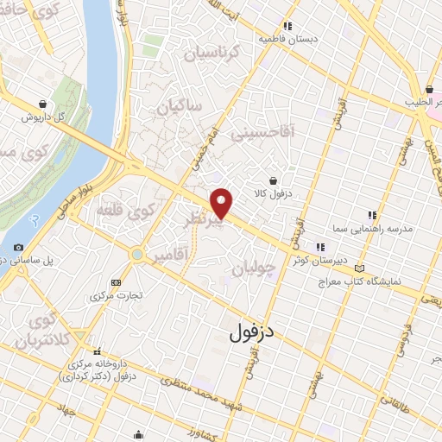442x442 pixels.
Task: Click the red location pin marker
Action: click(223, 204)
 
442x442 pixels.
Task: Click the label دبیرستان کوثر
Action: click(317, 260)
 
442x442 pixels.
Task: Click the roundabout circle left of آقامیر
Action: click(136, 255)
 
